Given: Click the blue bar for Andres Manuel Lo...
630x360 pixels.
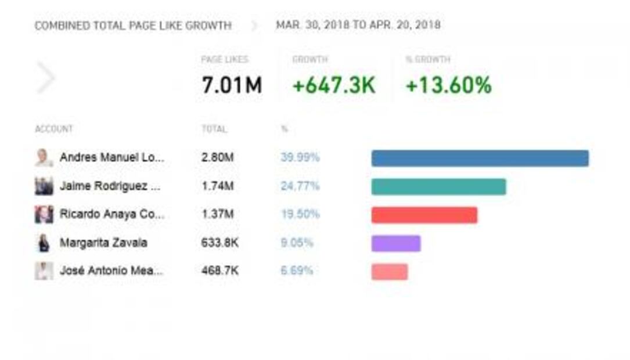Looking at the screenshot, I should (480, 159).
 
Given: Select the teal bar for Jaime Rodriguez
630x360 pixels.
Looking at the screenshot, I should (438, 187).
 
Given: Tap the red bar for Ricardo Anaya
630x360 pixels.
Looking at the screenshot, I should (424, 215).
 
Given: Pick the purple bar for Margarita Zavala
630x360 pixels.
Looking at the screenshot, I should (395, 243).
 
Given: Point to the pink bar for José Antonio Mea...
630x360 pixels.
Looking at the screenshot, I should (389, 272).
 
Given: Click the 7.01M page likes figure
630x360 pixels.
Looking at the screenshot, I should (232, 85).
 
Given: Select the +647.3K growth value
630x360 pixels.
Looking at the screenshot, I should (334, 85).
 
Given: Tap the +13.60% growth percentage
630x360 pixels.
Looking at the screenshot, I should (448, 85).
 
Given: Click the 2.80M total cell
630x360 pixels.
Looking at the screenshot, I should (218, 157).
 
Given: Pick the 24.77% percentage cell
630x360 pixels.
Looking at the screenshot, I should (300, 186).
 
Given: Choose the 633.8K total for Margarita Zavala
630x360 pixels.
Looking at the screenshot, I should (219, 243).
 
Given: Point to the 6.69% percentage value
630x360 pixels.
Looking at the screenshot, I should (296, 271).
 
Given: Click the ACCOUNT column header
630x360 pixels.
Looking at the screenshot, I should (53, 129).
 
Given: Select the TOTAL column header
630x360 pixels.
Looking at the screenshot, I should (214, 129).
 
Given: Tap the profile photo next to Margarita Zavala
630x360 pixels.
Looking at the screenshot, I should (44, 243).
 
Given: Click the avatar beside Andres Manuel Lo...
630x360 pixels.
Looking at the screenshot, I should (44, 157).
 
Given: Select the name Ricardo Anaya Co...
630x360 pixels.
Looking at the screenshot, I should (111, 214).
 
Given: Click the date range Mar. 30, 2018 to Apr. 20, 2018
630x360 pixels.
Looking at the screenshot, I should (358, 25).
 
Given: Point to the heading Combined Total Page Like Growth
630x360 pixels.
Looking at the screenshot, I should (133, 26).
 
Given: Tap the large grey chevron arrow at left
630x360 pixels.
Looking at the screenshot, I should (46, 78).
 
